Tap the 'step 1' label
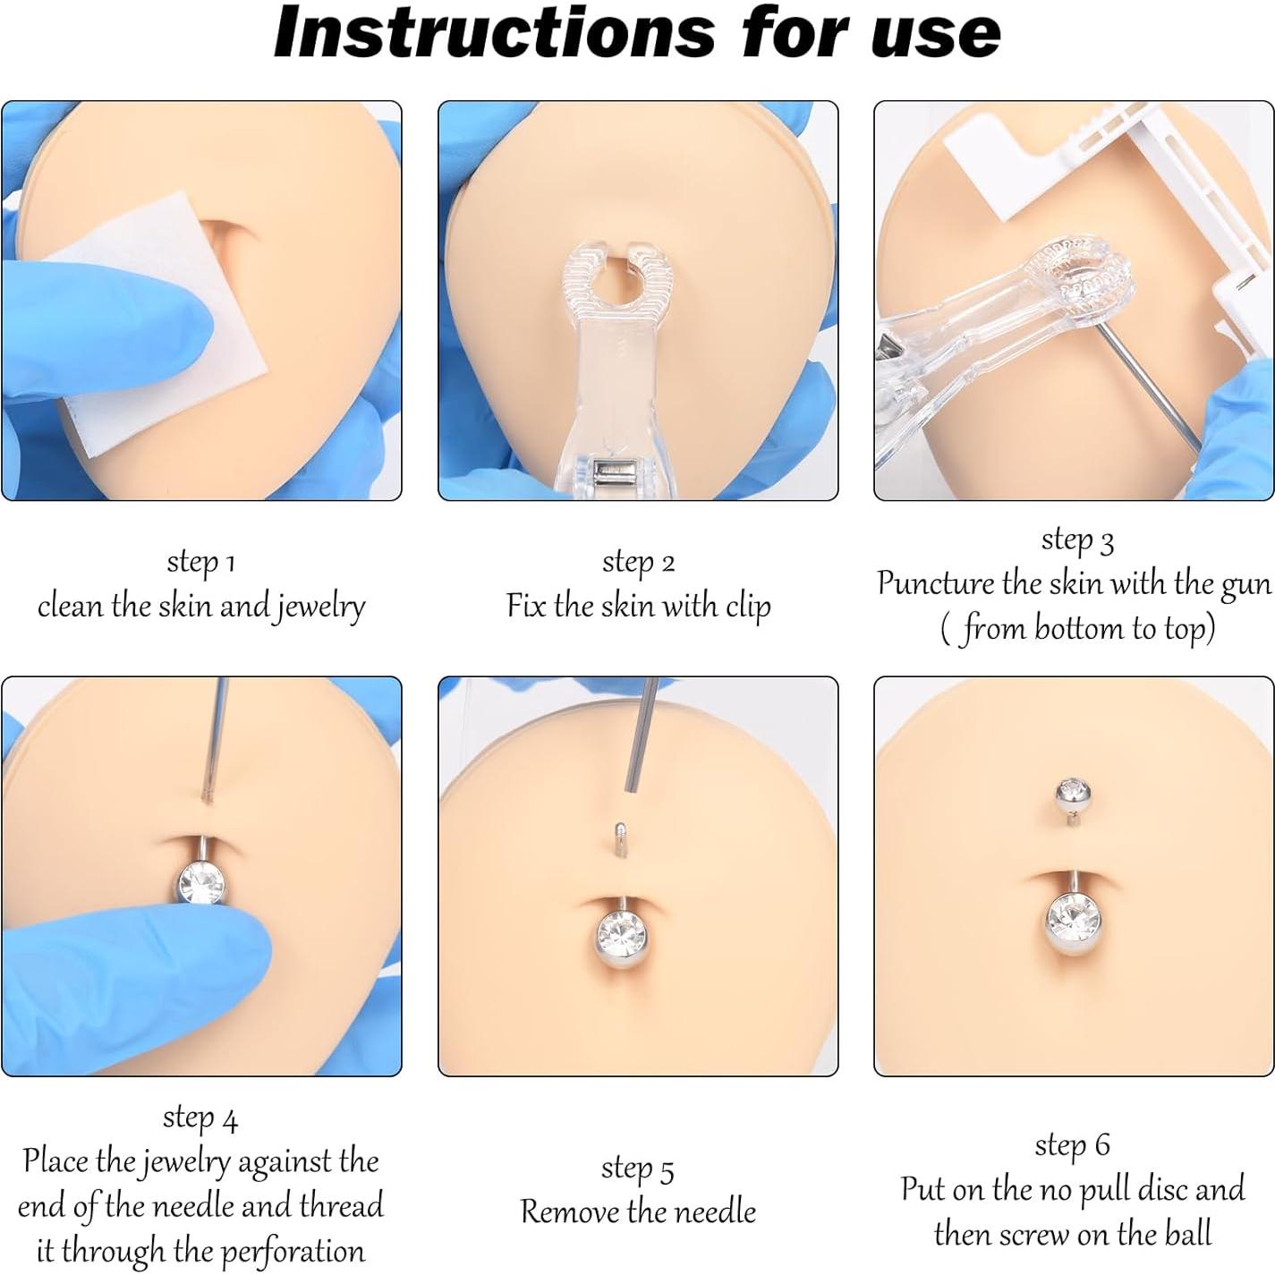[200, 562]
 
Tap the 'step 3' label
[1076, 540]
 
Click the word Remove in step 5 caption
[568, 1212]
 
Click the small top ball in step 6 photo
[1072, 791]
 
